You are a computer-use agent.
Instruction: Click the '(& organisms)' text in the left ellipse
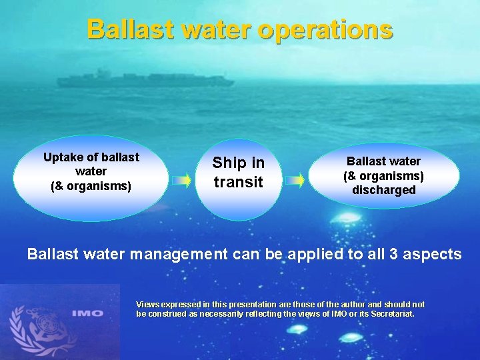[x=91, y=186]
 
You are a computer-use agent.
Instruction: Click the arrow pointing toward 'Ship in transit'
[x=181, y=180]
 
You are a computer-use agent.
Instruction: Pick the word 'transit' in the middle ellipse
[x=239, y=182]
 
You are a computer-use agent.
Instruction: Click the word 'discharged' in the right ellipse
[x=383, y=190]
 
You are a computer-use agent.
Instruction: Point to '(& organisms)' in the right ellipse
[x=383, y=176]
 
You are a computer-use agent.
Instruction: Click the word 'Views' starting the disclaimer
[x=148, y=305]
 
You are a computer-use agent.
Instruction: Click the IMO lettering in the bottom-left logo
[x=89, y=313]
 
